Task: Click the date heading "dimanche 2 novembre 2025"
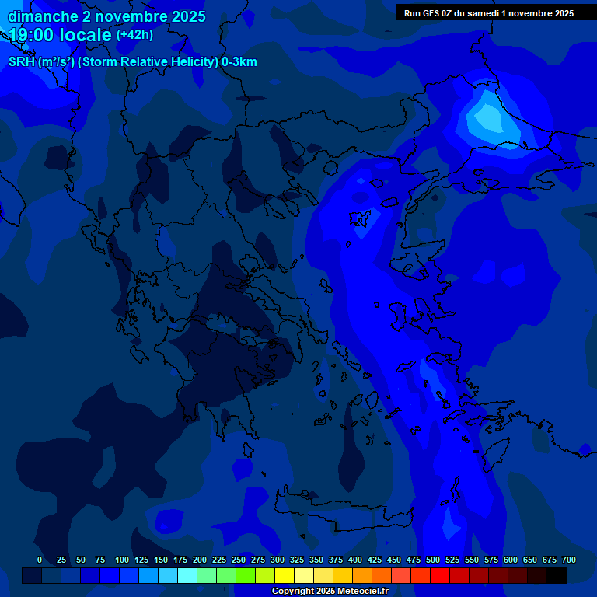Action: pos(106,16)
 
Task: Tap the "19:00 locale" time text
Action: pos(61,35)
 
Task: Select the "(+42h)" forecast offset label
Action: pos(134,35)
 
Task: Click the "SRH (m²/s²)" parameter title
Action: pos(41,62)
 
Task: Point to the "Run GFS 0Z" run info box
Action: pos(489,12)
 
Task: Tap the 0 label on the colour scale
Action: pos(40,560)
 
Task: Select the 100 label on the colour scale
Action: pos(122,560)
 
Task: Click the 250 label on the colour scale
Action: pos(239,560)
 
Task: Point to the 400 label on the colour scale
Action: pos(355,560)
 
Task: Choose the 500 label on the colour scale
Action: pos(433,560)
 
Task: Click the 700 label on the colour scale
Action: pos(569,560)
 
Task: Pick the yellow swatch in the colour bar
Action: pos(285,575)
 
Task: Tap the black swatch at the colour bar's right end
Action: pos(557,575)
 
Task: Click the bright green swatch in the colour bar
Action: pos(246,575)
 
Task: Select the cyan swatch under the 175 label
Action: pos(187,575)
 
